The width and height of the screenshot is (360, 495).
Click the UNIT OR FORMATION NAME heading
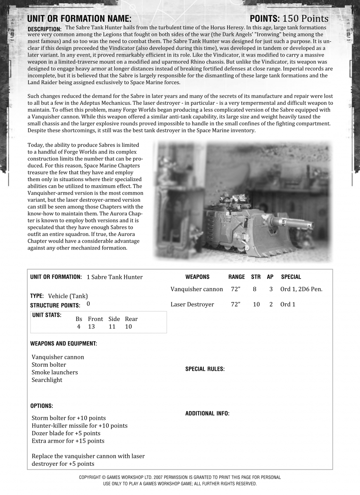[x=79, y=19]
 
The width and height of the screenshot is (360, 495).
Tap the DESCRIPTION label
[x=44, y=29]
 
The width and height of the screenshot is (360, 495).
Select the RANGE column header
[x=236, y=277]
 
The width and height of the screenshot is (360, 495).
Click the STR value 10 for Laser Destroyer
[x=256, y=304]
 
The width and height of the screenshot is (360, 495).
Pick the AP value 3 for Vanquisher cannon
[x=271, y=289]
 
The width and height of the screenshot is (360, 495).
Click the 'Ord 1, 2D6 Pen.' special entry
[x=301, y=289]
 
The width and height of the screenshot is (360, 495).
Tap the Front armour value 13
[x=91, y=327]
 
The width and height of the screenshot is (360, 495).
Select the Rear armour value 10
[x=128, y=327]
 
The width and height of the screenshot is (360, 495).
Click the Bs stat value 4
[x=78, y=327]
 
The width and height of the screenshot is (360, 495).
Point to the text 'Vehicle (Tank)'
[x=68, y=296]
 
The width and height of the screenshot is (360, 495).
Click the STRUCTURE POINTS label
[x=55, y=306]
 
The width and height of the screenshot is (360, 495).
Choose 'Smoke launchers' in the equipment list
[x=54, y=372]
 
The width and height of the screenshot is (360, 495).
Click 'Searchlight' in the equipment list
[x=47, y=380]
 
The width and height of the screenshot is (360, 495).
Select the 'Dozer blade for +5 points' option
[x=66, y=433]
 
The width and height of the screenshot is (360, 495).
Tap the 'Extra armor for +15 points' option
[x=68, y=441]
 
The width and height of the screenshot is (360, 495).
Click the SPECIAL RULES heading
[x=205, y=369]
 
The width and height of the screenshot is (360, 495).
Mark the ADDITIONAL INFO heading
[x=207, y=413]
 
